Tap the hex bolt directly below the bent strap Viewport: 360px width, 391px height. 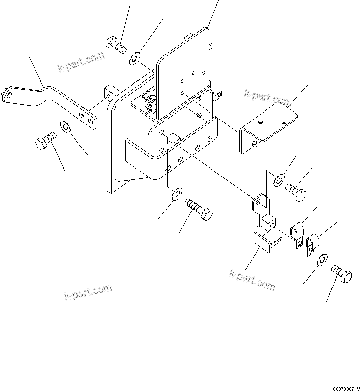[x=44, y=140]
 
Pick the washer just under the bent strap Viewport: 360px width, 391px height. [x=66, y=125]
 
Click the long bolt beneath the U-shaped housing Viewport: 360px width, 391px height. [x=199, y=209]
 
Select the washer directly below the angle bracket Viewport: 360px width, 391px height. [x=279, y=179]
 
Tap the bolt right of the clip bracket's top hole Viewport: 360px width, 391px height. [x=296, y=192]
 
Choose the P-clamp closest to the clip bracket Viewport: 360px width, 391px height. [x=297, y=235]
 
